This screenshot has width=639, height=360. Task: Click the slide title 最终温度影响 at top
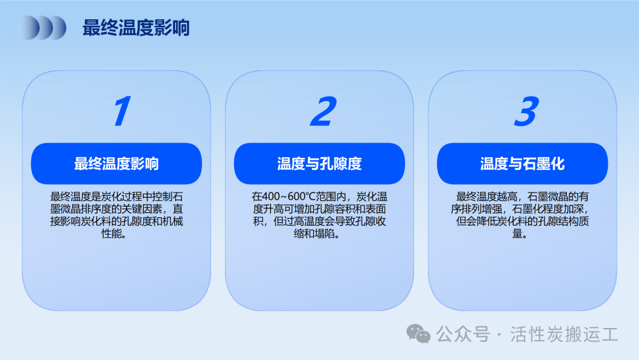(136, 27)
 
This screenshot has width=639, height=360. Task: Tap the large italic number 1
(122, 111)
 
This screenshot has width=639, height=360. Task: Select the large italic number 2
(323, 111)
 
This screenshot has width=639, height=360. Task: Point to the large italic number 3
(527, 111)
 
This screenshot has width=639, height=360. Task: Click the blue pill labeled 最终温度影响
(116, 164)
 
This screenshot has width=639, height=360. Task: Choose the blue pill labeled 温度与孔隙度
(319, 164)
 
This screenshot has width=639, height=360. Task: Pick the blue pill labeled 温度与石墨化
(523, 164)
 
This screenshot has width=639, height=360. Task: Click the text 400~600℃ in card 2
(289, 197)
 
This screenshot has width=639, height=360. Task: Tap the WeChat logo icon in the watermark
(419, 334)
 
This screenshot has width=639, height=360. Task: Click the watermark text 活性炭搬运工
(564, 334)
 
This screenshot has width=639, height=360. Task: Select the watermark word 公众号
(463, 334)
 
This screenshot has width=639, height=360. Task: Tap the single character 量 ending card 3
(517, 233)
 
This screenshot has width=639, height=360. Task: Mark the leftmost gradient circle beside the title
(29, 27)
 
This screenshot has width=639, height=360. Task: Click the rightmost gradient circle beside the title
(56, 27)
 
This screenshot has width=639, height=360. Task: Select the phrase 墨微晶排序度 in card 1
(81, 209)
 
